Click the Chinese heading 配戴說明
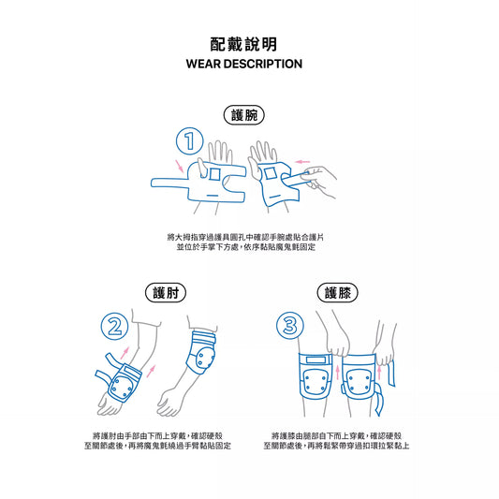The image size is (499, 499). [243, 44]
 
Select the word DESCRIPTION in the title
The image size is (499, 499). [262, 64]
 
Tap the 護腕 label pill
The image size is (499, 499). [244, 115]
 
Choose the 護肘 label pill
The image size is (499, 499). [166, 292]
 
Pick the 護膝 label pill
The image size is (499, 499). [338, 292]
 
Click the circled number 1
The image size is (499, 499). [190, 141]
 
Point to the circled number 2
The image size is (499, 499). [114, 326]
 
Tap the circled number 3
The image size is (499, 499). [290, 326]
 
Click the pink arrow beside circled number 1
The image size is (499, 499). [180, 166]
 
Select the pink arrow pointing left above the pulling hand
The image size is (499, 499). [302, 162]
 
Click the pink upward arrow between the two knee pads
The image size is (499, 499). [338, 372]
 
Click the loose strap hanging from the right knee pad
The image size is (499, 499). [378, 400]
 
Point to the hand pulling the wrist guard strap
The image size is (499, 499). [318, 182]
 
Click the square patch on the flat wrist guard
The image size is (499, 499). [214, 174]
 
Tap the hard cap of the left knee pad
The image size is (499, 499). [316, 381]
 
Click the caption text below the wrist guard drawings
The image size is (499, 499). [245, 242]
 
